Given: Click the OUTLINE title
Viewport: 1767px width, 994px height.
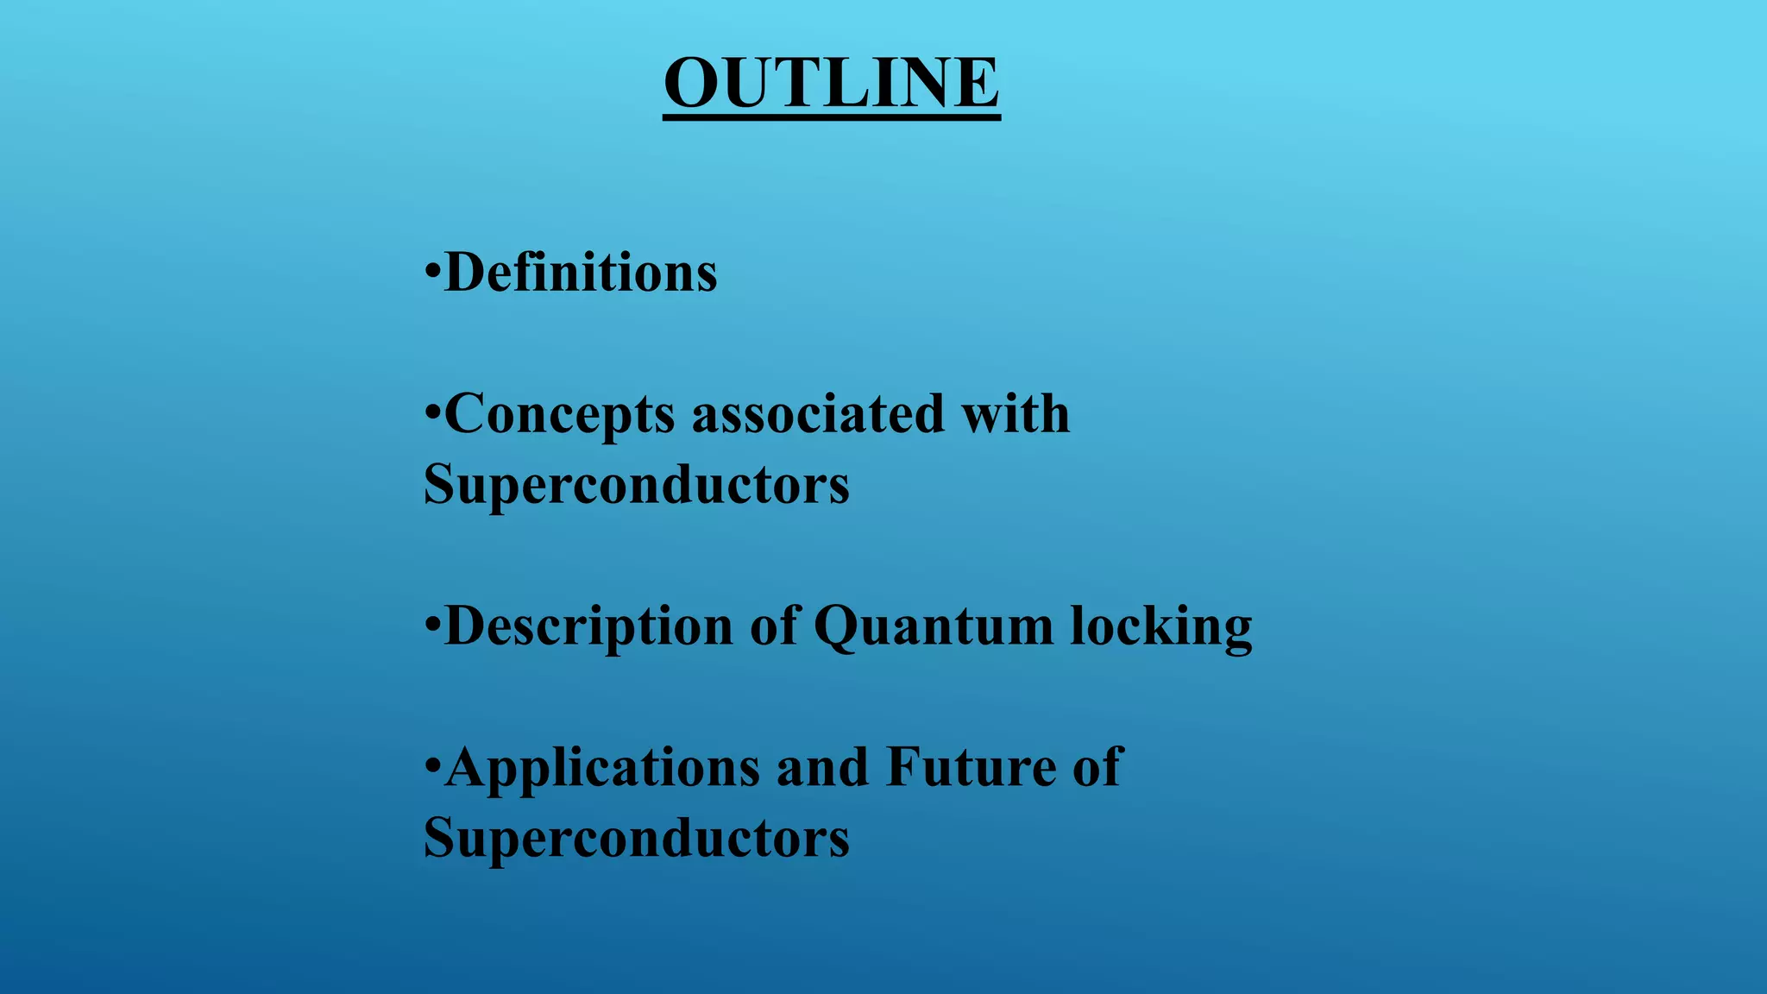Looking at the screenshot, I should point(831,83).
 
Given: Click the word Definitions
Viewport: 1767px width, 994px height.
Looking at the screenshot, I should point(580,274).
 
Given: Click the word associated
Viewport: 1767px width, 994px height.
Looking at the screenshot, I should point(818,413).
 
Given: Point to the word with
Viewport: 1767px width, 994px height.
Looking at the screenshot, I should point(1016,413).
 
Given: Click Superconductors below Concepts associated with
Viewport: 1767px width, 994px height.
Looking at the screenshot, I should point(637,484).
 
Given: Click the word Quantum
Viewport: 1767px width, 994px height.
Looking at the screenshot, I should point(934,626).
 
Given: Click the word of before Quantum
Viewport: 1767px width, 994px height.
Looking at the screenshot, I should point(774,626).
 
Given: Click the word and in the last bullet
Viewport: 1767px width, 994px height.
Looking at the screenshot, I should point(822,767).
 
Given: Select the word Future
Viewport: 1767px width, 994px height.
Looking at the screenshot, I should point(971,767).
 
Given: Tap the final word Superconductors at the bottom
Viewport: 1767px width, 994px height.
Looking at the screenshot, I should point(637,838).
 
